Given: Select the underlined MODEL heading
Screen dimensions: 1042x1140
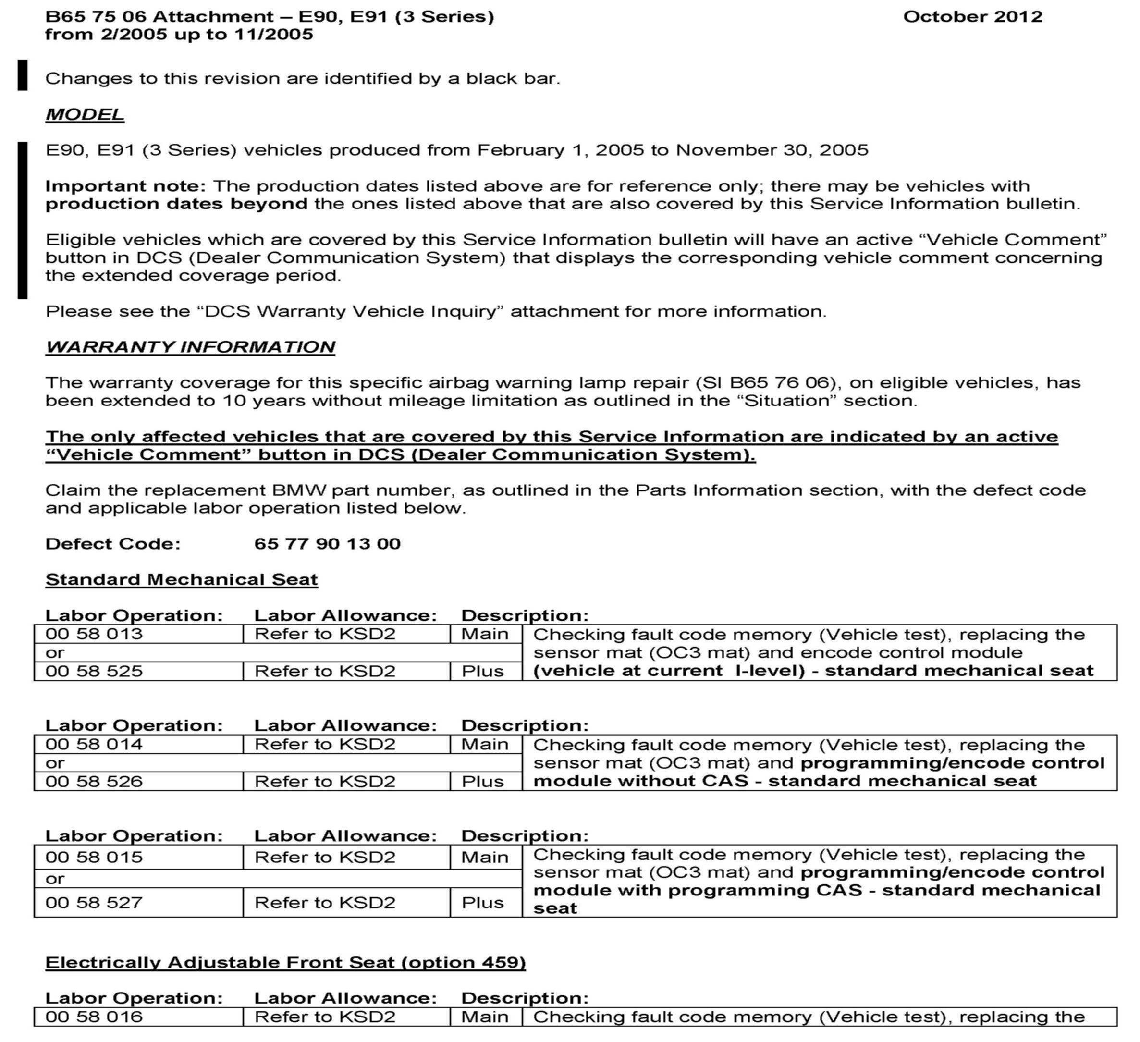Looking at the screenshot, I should point(85,114).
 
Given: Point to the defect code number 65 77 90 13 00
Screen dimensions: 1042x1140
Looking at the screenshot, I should point(328,543).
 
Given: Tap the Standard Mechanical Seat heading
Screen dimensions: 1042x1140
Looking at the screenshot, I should point(182,579).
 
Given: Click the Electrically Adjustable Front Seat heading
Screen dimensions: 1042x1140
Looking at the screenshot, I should point(285,962).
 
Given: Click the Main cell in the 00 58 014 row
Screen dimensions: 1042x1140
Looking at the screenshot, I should point(485,744).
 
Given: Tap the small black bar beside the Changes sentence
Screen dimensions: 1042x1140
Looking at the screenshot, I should point(23,75).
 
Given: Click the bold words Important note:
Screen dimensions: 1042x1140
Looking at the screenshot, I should point(125,186).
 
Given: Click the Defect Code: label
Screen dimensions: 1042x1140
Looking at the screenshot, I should point(113,543).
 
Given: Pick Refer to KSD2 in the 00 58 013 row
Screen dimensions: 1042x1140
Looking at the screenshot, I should point(325,634).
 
